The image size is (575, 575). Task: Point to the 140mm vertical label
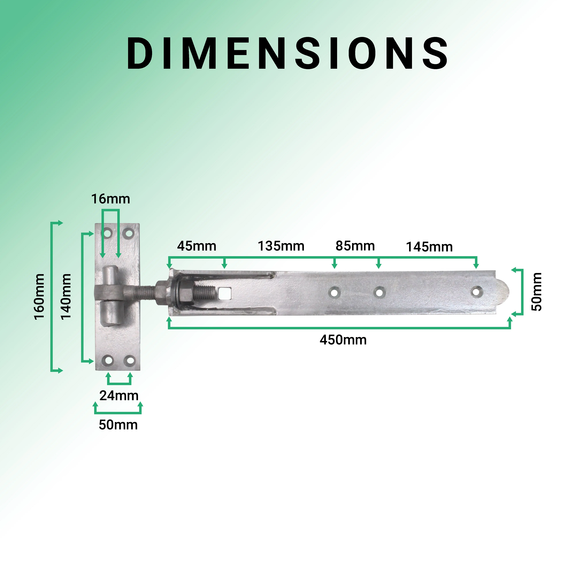click(66, 297)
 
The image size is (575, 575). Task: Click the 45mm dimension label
click(196, 246)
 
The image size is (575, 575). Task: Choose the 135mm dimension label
click(281, 246)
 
